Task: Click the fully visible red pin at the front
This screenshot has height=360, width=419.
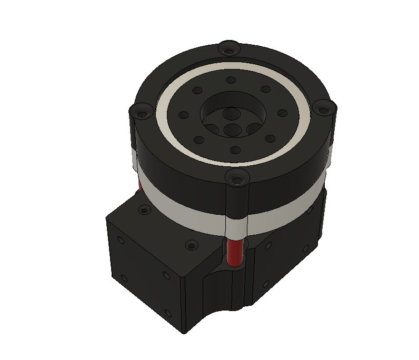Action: pos(234,252)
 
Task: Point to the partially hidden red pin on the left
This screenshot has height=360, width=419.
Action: pos(139,184)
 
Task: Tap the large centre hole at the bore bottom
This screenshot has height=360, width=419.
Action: pos(232,130)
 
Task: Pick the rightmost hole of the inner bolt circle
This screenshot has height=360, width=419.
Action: pos(282,113)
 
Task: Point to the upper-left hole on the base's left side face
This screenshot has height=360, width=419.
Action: pos(121,241)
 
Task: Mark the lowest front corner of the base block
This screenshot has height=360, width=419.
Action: pos(183,333)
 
